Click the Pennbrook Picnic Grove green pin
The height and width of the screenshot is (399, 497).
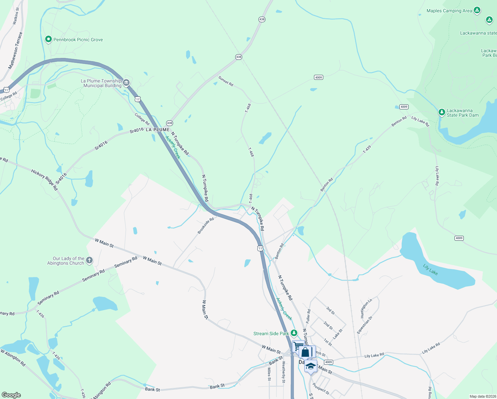pos(48,40)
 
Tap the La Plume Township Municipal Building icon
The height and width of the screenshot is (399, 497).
pos(126,83)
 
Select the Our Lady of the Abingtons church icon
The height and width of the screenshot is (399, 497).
pos(89,260)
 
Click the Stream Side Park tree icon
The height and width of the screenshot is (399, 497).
pos(294,333)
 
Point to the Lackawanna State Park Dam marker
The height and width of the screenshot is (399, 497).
pos(442,112)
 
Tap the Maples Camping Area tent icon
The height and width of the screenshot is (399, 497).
pos(477,10)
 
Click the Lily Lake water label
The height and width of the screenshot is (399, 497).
pos(430,269)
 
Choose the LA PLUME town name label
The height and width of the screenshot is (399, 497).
pos(157,130)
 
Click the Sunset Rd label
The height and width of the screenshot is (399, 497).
pos(226,81)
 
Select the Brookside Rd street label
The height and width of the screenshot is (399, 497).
pos(206,226)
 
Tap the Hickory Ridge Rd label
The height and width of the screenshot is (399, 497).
pos(45,180)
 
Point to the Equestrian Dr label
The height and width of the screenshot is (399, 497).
pos(364,325)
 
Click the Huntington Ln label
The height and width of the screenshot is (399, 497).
pos(366,308)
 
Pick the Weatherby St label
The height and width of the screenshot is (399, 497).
pos(283,372)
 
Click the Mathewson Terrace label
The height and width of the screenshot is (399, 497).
pos(16,51)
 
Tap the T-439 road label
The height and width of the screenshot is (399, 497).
pos(367,149)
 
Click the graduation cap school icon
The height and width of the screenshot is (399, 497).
pos(311,366)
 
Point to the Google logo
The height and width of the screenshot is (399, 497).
pos(11,395)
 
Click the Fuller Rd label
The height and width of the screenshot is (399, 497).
pos(308,316)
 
